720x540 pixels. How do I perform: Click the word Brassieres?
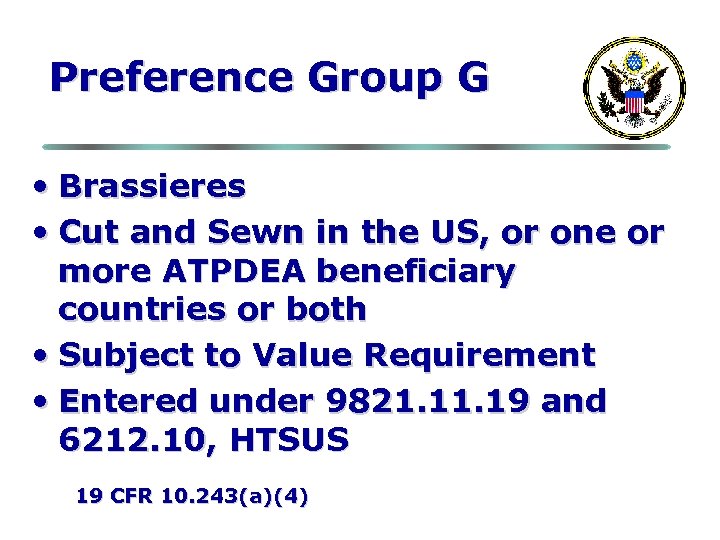tap(152, 186)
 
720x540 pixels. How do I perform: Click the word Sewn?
tap(255, 232)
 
